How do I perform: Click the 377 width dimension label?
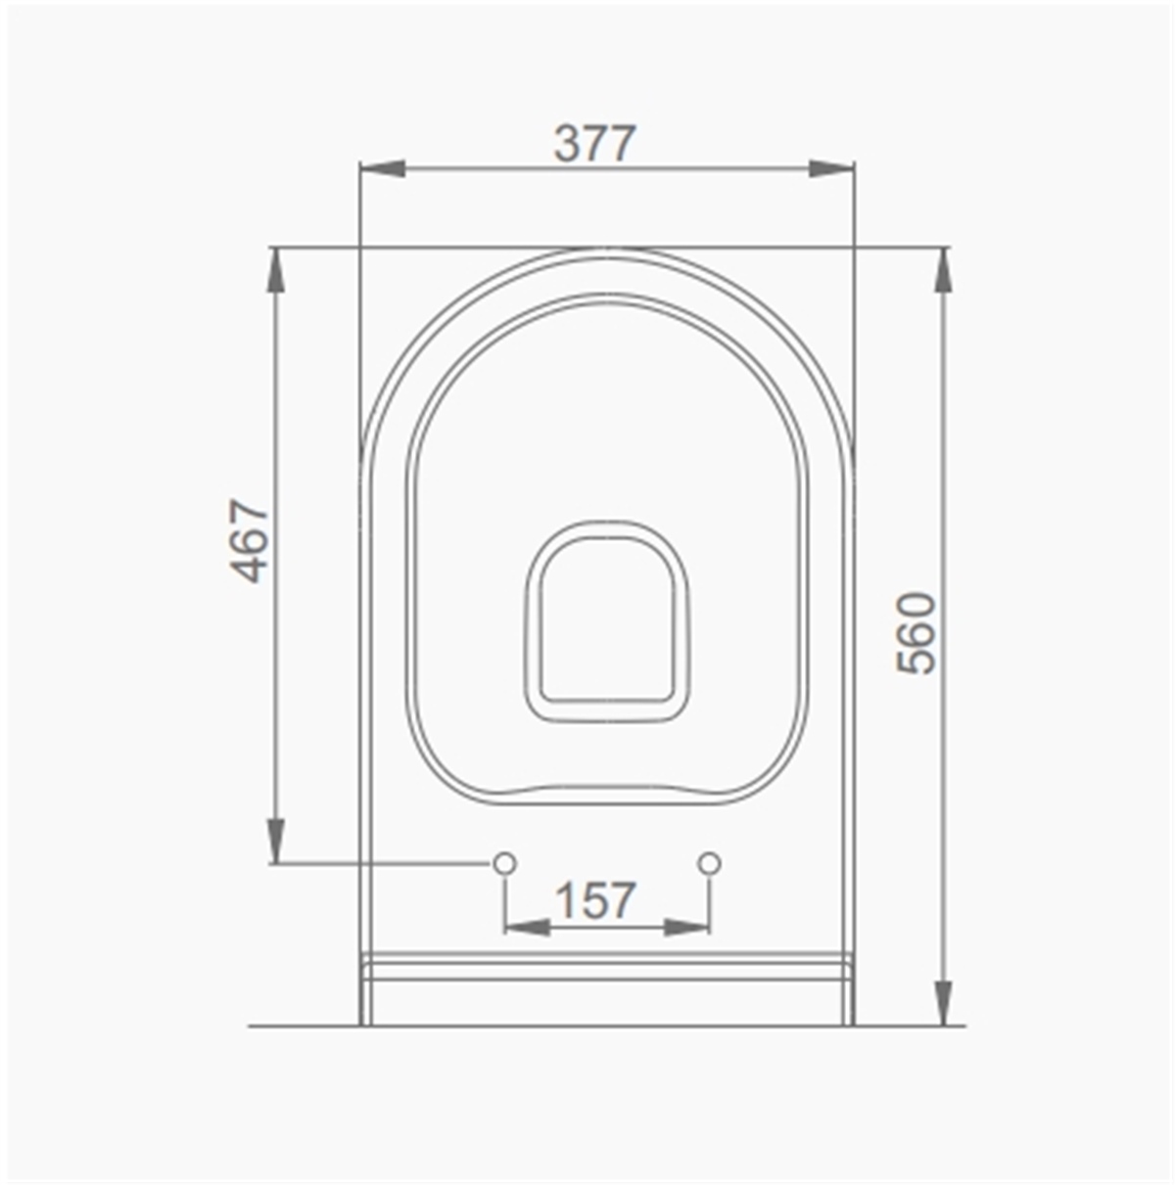pos(594,144)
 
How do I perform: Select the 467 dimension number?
pos(250,541)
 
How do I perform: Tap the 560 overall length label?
pos(916,633)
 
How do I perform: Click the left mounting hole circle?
pos(504,863)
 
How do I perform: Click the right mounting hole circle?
pos(709,863)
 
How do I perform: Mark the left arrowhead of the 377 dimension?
pos(383,168)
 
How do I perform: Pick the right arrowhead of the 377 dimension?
pos(831,168)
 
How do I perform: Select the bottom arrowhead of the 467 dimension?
pos(276,841)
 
